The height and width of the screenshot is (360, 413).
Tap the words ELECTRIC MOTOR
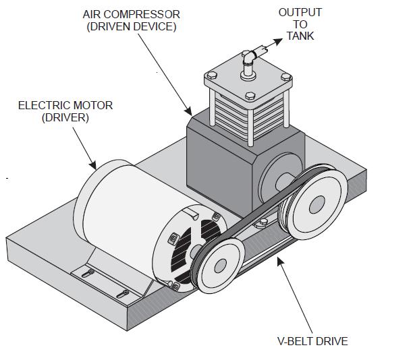click(65, 105)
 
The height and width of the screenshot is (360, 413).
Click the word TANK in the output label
click(300, 36)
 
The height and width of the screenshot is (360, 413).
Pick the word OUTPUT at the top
click(300, 12)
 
